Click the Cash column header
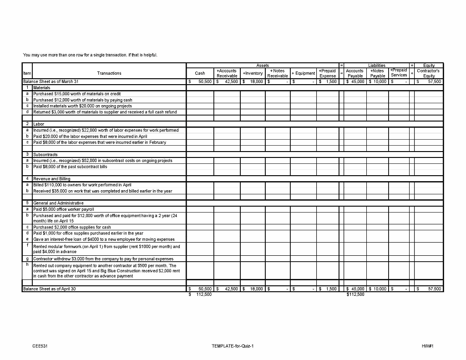click(200, 73)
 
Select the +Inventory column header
click(253, 73)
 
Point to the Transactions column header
click(109, 73)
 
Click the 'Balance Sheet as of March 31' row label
click(51, 81)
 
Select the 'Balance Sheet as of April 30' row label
click(50, 289)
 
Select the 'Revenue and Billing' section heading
click(51, 179)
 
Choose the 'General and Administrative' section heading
click(57, 203)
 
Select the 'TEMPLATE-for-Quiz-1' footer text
click(233, 346)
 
